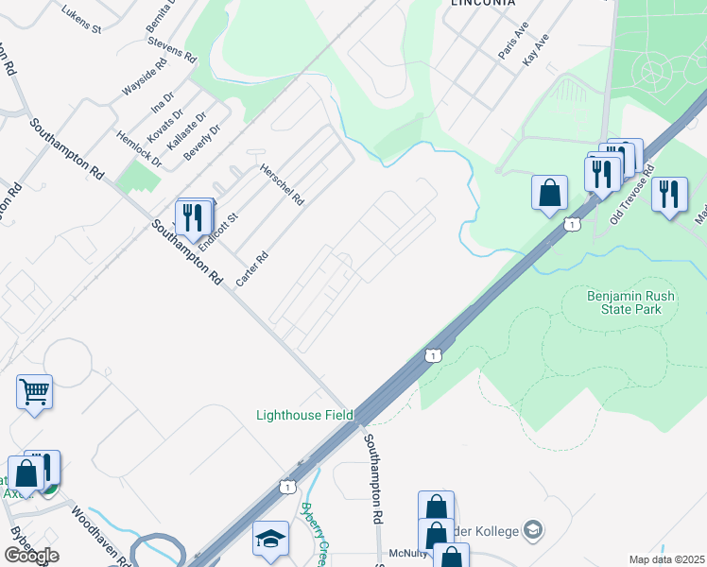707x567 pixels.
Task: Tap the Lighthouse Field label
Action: tap(305, 415)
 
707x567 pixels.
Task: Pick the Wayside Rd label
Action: tap(144, 77)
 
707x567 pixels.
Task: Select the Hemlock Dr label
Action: tap(138, 148)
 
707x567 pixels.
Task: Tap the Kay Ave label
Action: tap(535, 49)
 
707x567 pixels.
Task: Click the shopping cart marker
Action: tap(34, 391)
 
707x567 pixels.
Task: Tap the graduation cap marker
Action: tap(270, 538)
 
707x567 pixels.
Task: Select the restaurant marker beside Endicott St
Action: tap(193, 216)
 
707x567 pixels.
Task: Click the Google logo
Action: tap(31, 556)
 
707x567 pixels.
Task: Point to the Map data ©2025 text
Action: tap(666, 559)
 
